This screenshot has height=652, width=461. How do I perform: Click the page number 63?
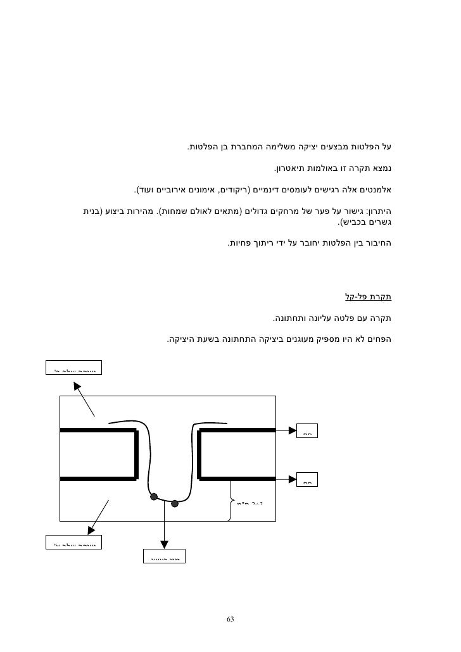[x=230, y=618]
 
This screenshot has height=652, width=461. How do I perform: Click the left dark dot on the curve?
[x=153, y=496]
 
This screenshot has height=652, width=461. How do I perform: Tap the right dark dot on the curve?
[x=175, y=504]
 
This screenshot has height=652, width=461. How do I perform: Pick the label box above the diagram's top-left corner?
[x=75, y=367]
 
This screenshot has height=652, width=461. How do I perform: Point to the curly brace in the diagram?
[x=228, y=500]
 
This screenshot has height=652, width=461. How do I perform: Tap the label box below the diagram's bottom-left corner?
[x=75, y=541]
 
